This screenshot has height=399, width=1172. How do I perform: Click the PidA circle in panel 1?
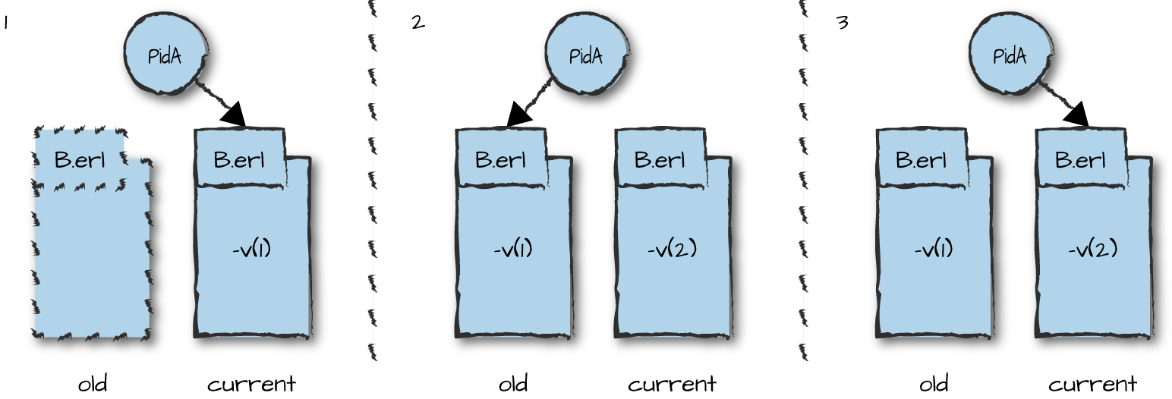pos(165,55)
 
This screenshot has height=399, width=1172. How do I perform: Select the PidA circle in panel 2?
pos(586,55)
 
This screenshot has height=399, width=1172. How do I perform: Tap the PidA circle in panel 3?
pos(1010,55)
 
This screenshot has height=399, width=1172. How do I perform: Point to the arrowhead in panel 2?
pos(519,115)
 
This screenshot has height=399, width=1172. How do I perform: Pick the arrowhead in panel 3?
pos(1076,115)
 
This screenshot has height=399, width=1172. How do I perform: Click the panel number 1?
pos(5,24)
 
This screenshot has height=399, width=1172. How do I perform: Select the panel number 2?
pos(417,23)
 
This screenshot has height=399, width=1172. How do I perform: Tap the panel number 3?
pos(842,23)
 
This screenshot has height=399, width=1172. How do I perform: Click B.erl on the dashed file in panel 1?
pos(79,160)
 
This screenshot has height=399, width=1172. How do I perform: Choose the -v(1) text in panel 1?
pos(251,248)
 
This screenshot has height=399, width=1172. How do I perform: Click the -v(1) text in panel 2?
pos(512,248)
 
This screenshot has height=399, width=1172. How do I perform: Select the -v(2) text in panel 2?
pos(672,248)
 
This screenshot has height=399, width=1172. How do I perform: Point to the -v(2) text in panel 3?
pos(1092,248)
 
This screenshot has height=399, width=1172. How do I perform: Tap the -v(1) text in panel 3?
pos(933,248)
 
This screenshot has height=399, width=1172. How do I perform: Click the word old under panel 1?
pos(93,384)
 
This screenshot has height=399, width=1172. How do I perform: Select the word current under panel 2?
pos(672,384)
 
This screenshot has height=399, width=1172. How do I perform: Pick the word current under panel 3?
pos(1092,384)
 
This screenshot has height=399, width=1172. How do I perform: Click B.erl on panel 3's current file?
pos(1079,160)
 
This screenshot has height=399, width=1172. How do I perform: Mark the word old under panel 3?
pos(934,384)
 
